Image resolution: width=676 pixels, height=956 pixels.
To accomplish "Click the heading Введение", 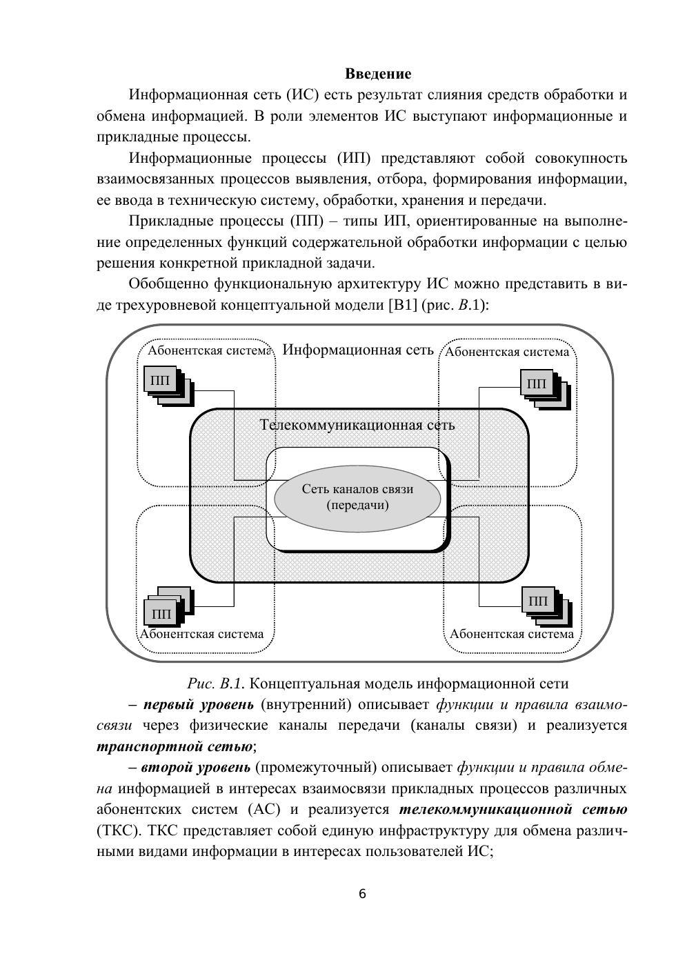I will [x=377, y=74].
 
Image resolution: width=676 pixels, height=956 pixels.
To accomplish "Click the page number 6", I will [x=362, y=895].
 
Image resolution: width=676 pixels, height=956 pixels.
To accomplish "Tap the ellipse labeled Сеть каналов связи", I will [x=357, y=497].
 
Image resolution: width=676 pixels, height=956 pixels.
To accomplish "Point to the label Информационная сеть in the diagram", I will [x=358, y=350].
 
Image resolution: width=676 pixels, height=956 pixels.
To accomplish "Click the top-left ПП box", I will [x=160, y=380].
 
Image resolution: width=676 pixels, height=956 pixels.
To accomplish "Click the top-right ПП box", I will [x=536, y=384].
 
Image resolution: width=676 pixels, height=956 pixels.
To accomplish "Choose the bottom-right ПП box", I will [x=538, y=601].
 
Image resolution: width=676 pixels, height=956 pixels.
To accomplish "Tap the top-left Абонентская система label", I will [x=208, y=351].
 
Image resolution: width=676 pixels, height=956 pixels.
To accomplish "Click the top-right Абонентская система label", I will [x=507, y=352].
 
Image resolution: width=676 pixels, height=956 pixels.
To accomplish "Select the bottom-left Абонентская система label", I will [x=201, y=634].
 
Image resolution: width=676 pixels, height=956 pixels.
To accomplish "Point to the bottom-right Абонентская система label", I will [x=511, y=634].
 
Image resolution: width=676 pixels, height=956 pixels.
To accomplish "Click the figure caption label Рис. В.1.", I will [x=215, y=684].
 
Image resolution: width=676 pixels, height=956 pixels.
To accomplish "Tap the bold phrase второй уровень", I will [x=196, y=768].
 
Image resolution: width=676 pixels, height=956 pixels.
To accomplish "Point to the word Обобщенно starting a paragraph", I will [x=169, y=284].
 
